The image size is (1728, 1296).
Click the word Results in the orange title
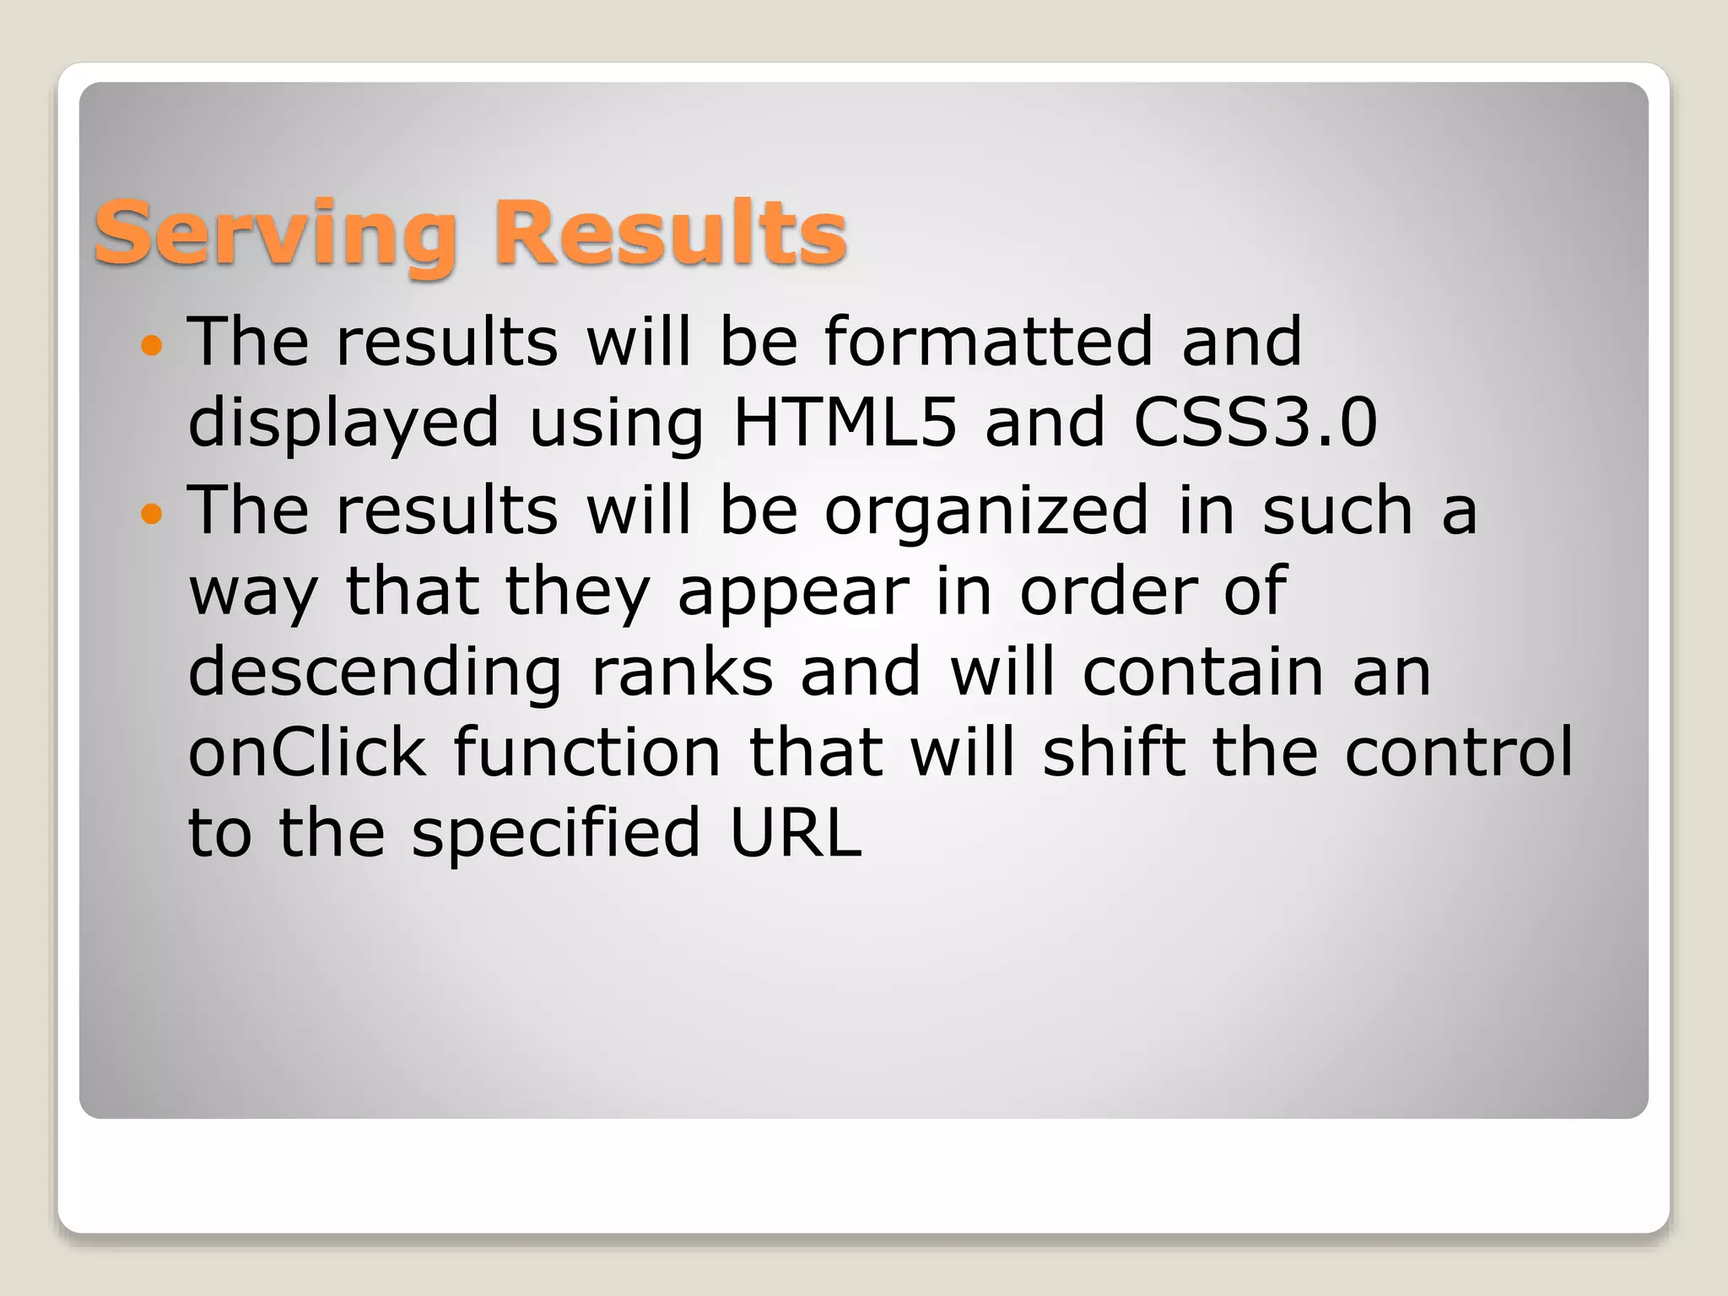pos(671,232)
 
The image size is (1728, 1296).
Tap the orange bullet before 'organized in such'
pos(151,512)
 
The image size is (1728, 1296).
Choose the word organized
pos(986,512)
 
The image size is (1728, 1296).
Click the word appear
pos(794,593)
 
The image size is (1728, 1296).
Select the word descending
pos(375,674)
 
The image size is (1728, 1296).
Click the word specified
pos(556,834)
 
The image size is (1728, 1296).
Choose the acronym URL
pos(796,834)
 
